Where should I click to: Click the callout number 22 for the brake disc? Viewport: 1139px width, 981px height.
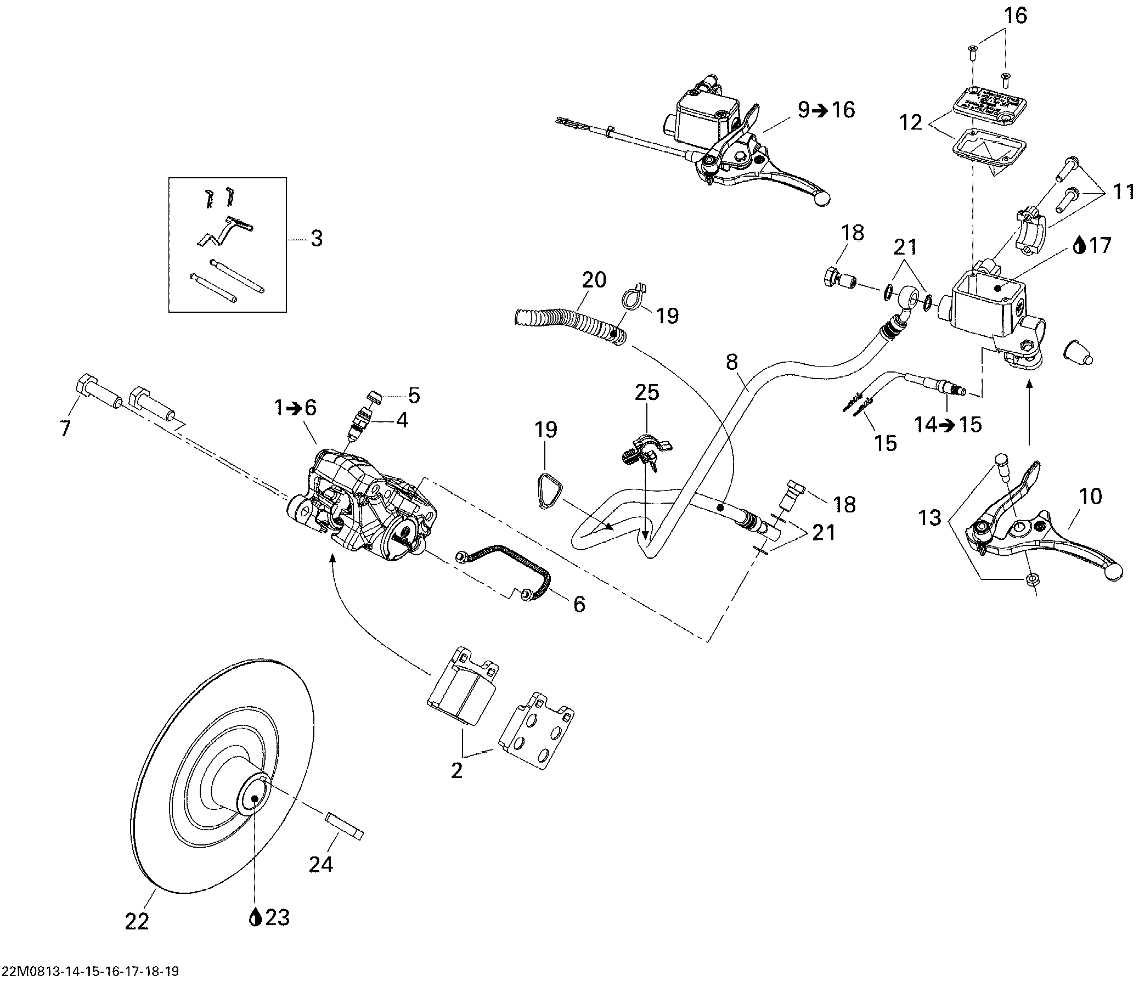[x=137, y=922]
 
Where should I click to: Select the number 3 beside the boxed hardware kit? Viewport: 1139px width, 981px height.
[x=317, y=239]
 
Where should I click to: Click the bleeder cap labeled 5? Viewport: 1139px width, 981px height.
[x=376, y=395]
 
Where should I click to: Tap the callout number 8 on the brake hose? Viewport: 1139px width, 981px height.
[x=732, y=362]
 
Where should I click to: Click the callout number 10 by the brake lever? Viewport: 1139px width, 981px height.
[x=1091, y=497]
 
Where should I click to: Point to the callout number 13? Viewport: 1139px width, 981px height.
[x=929, y=518]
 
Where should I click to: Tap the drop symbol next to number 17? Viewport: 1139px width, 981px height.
[x=1080, y=245]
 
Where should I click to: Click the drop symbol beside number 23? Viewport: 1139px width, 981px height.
[x=255, y=918]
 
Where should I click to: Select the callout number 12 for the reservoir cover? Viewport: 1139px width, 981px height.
[x=910, y=122]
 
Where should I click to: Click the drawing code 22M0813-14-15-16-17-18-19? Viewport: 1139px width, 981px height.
[x=89, y=971]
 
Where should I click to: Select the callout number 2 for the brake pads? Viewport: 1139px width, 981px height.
[x=456, y=770]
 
